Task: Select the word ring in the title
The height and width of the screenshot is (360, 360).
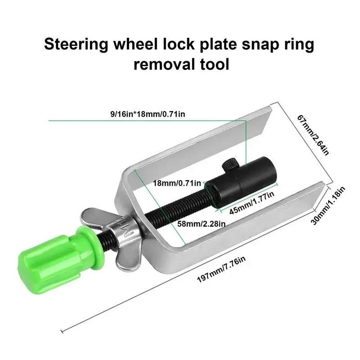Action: [x=299, y=45]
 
